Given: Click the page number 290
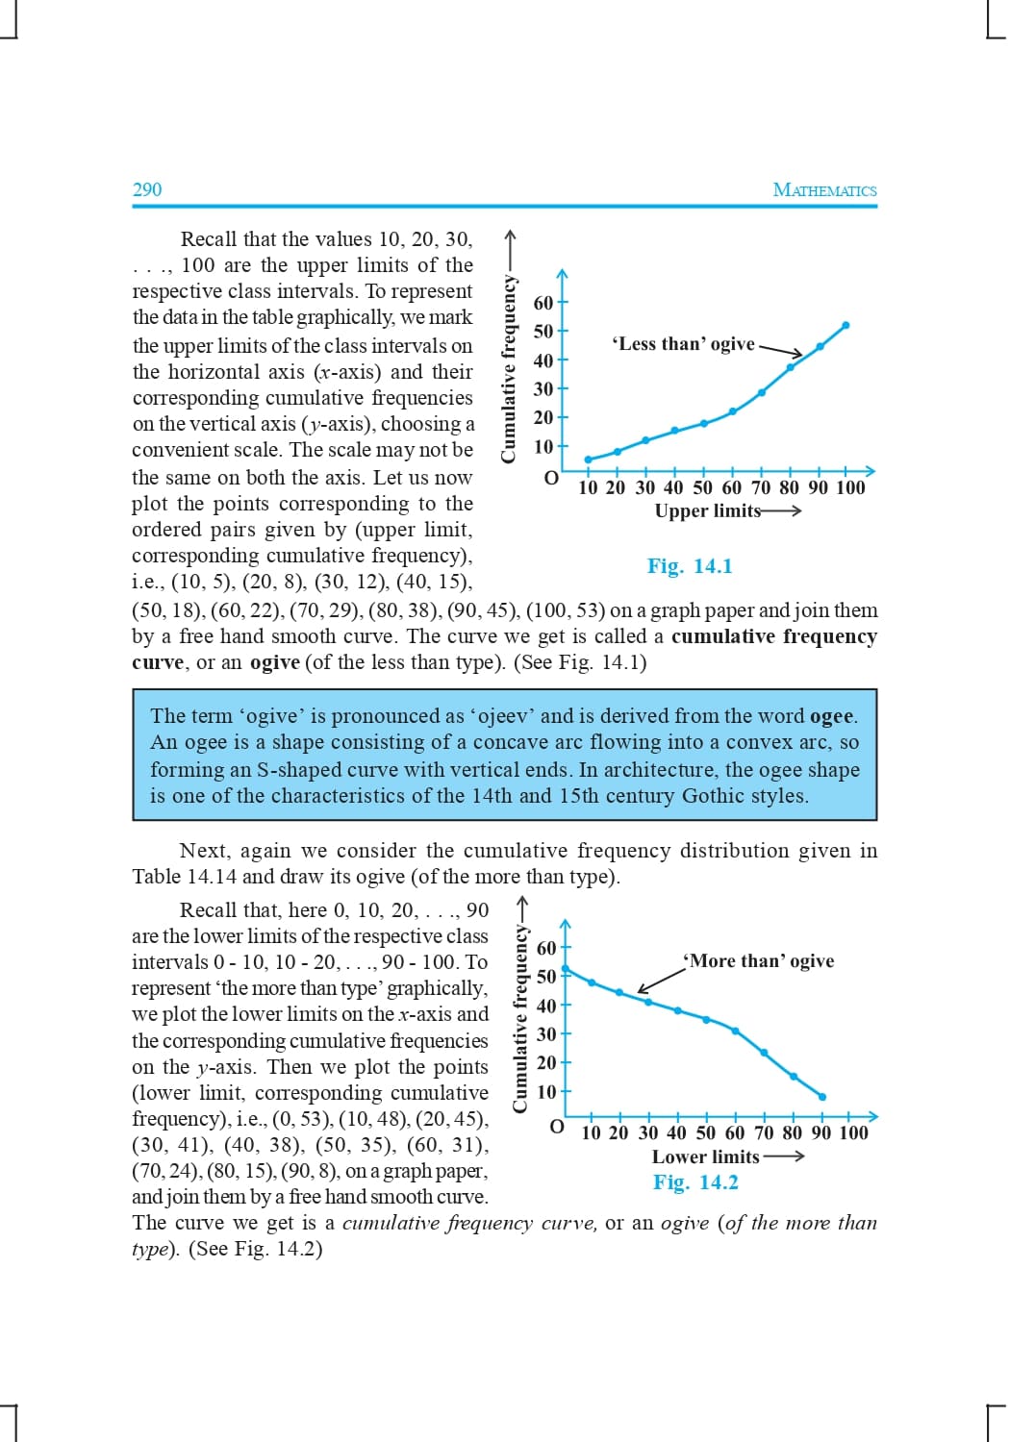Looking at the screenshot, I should click(147, 189).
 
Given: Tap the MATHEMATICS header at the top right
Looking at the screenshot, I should click(824, 189).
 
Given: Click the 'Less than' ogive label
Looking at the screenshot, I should click(684, 344).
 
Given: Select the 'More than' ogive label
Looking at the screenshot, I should click(759, 960).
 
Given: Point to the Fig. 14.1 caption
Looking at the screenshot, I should click(690, 566).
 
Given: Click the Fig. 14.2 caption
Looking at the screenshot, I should click(695, 1182).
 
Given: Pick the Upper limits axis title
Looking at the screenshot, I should click(708, 510).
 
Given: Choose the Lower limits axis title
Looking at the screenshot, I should click(705, 1156).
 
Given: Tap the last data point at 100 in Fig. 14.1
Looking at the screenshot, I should click(846, 325).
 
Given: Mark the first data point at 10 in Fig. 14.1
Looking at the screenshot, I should click(588, 460).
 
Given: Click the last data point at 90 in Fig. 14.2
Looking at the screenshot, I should click(822, 1096).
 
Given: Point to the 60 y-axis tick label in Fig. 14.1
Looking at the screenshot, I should click(543, 303).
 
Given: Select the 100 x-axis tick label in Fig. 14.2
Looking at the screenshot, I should click(853, 1132).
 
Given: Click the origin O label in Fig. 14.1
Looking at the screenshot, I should click(551, 478).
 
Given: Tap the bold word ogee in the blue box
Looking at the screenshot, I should click(832, 716).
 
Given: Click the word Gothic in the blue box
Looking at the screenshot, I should click(713, 796).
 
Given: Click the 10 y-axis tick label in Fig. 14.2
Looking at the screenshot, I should click(546, 1092).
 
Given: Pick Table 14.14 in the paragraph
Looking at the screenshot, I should click(184, 877).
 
